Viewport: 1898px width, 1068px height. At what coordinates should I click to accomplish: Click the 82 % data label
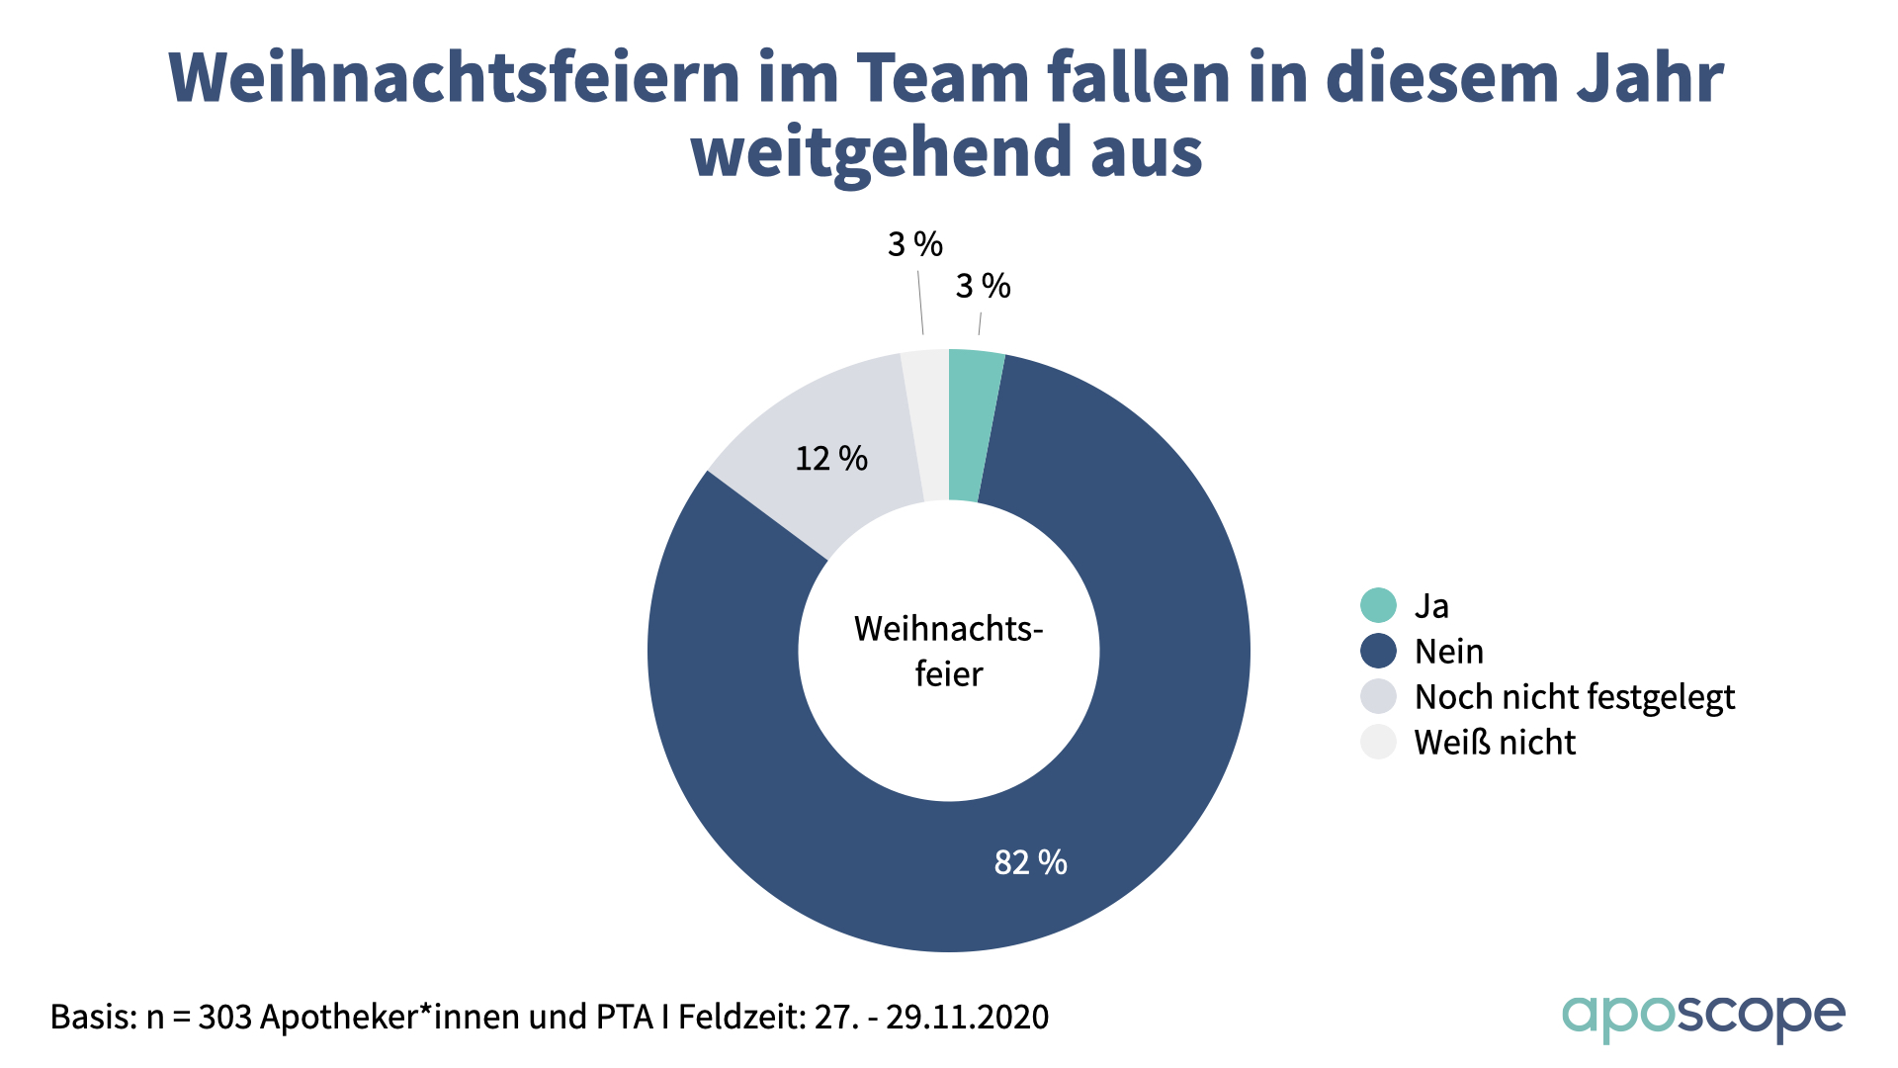pyautogui.click(x=1030, y=862)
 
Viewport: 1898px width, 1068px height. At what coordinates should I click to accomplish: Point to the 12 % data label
pyautogui.click(x=831, y=459)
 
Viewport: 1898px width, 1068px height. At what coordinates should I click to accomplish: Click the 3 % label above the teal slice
pyautogui.click(x=983, y=287)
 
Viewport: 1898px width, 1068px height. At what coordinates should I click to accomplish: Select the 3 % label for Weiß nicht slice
pyautogui.click(x=914, y=244)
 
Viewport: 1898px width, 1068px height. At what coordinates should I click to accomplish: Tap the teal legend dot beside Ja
pyautogui.click(x=1378, y=605)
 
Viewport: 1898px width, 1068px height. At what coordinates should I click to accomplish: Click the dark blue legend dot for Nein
pyautogui.click(x=1378, y=651)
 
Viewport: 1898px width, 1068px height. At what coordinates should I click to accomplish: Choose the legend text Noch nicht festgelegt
pyautogui.click(x=1574, y=697)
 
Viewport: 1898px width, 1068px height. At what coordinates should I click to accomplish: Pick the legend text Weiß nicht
pyautogui.click(x=1495, y=743)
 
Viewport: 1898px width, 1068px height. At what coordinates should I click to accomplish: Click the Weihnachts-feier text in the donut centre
pyautogui.click(x=949, y=651)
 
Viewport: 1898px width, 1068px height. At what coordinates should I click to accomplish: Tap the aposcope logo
pyautogui.click(x=1702, y=1017)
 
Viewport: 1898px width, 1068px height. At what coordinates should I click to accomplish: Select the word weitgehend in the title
pyautogui.click(x=881, y=152)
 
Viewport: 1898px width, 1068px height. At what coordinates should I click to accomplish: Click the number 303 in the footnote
pyautogui.click(x=224, y=1017)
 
